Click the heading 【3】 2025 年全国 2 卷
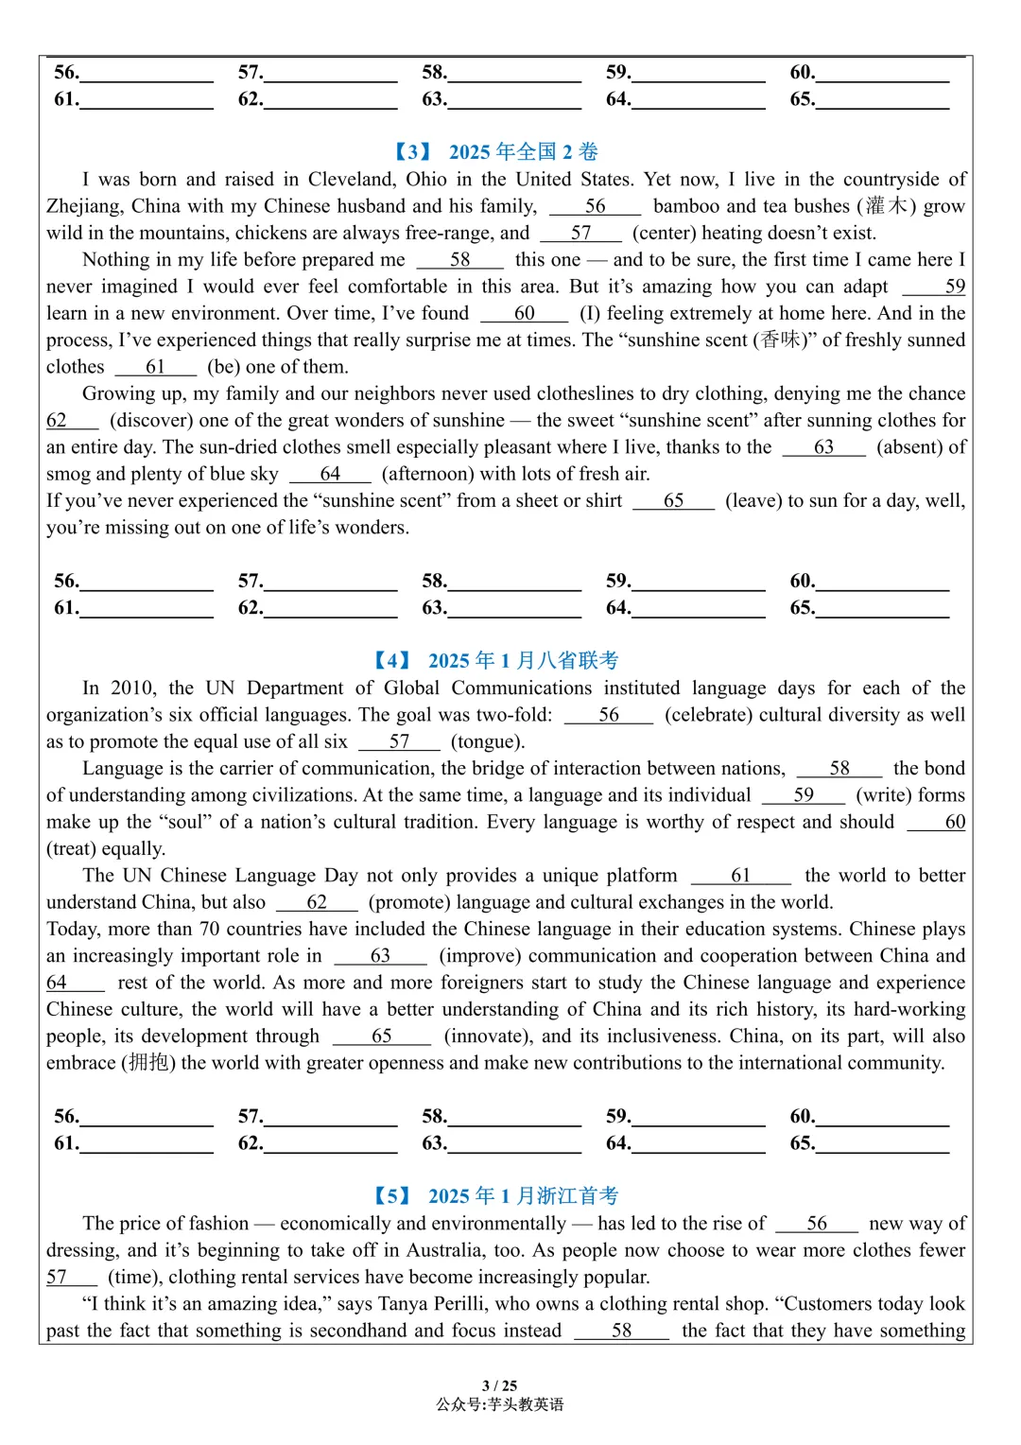point(496,151)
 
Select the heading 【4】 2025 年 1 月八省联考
point(496,660)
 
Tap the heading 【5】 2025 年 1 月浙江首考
point(496,1195)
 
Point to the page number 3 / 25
point(500,1385)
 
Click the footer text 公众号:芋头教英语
point(500,1404)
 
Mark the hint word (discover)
point(151,420)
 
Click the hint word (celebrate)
point(708,714)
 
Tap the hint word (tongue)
point(488,741)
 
